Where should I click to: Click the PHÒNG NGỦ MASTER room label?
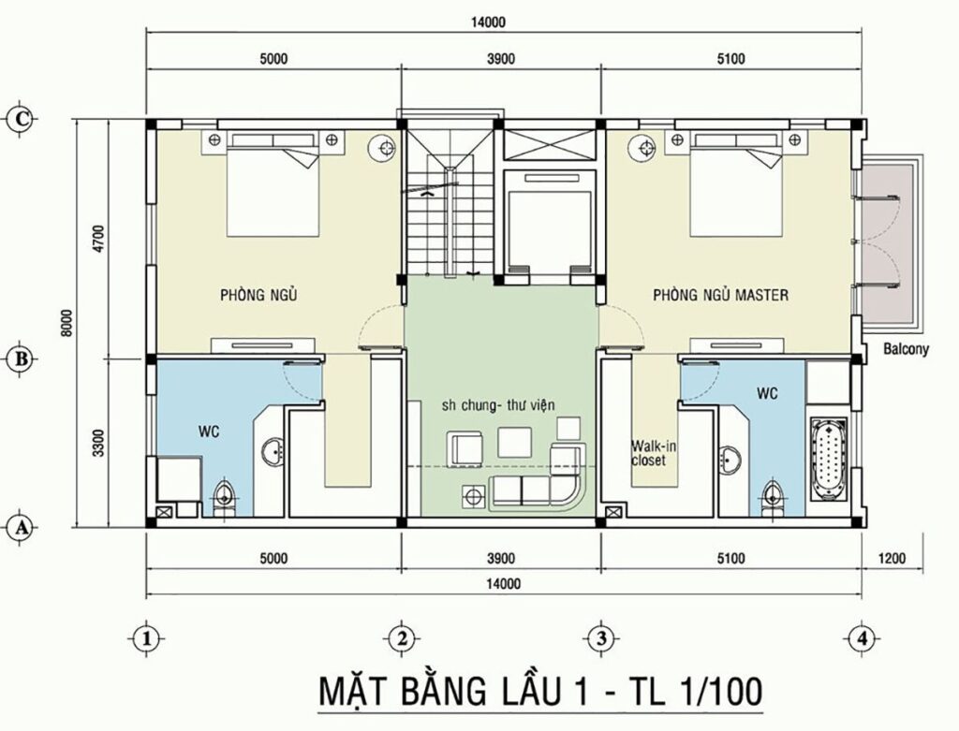(x=720, y=295)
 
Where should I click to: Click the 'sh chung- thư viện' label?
(x=499, y=404)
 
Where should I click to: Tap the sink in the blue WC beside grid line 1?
(x=273, y=453)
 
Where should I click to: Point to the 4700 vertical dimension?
(x=93, y=240)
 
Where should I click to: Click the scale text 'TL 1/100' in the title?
(x=687, y=692)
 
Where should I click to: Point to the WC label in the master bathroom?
(x=768, y=394)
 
